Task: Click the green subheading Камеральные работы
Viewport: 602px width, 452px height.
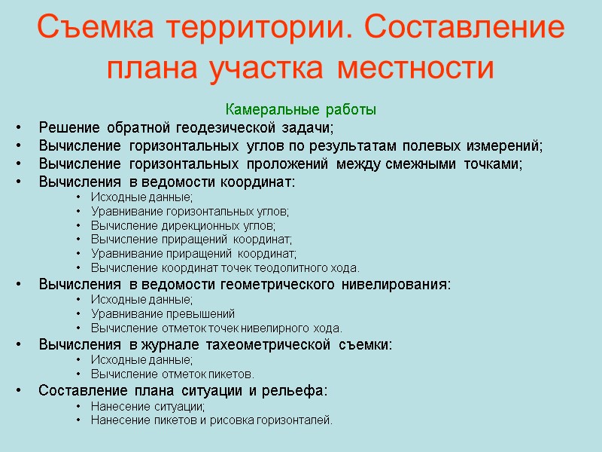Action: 301,110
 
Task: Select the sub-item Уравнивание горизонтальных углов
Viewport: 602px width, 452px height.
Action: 190,212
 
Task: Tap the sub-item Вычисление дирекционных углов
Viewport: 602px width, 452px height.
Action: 183,225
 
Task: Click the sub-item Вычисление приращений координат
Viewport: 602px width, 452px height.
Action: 191,240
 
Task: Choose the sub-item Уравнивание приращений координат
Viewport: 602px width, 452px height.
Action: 193,254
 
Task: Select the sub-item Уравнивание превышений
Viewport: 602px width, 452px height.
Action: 163,313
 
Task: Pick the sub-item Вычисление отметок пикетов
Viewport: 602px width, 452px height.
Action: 172,374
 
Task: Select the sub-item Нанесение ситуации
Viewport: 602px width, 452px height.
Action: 147,406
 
